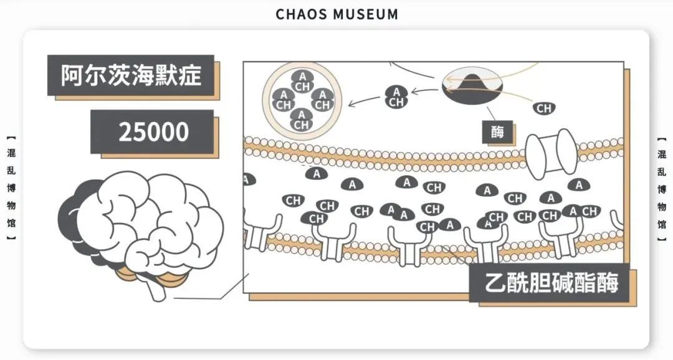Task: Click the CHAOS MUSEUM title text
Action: pos(336,14)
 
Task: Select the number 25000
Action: pos(153,132)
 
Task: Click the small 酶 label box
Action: pos(497,131)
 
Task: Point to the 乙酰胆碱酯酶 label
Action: pos(552,283)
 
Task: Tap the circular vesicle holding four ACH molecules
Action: pos(302,100)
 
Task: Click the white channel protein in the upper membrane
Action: pos(551,151)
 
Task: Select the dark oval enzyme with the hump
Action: pos(472,87)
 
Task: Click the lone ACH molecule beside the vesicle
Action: pos(396,97)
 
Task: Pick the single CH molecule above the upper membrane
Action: pos(544,108)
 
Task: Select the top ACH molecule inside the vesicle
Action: pos(302,81)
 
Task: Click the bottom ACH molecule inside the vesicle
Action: pos(302,120)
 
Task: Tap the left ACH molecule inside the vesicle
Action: pos(284,100)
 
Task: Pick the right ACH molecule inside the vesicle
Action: pos(322,100)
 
